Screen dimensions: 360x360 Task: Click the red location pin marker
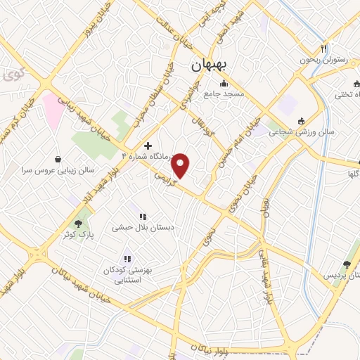181,165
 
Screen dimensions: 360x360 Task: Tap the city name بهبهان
208,64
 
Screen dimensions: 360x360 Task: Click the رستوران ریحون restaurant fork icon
323,49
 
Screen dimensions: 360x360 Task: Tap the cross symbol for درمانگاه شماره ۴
147,145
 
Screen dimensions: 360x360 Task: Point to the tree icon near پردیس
346,264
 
